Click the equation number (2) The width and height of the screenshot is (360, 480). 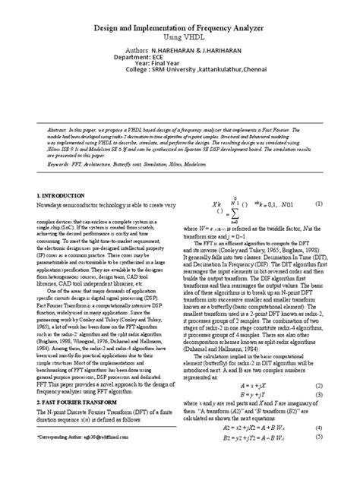(x=321, y=406)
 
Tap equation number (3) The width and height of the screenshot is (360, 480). (x=321, y=417)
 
